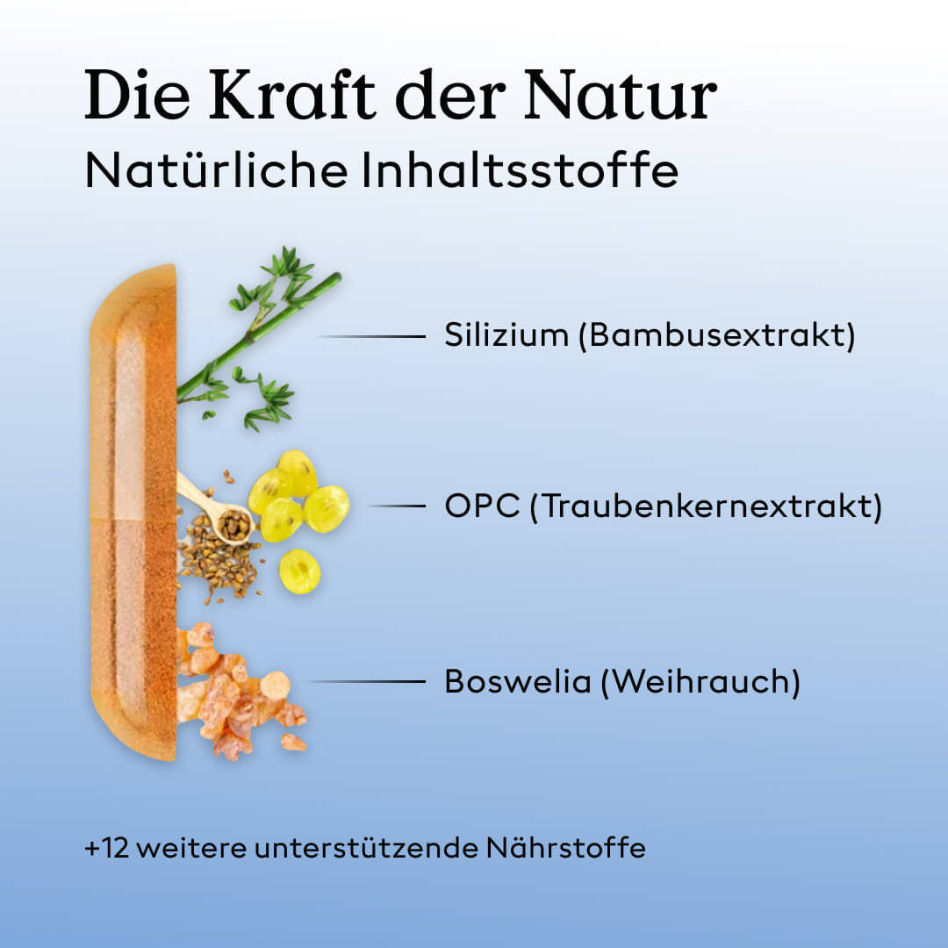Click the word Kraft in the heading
tap(292, 95)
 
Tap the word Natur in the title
tap(621, 95)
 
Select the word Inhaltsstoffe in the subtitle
tap(520, 170)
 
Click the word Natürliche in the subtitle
tap(217, 170)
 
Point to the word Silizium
tap(506, 334)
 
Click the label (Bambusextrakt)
tap(717, 335)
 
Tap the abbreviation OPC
tap(482, 506)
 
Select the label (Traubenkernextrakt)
tap(706, 506)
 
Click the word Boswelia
tap(518, 681)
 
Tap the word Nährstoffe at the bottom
tap(566, 848)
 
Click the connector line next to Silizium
tap(372, 336)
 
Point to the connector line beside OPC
tap(397, 506)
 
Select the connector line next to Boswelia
tap(368, 681)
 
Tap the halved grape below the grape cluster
tap(299, 571)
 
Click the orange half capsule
tap(133, 512)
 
